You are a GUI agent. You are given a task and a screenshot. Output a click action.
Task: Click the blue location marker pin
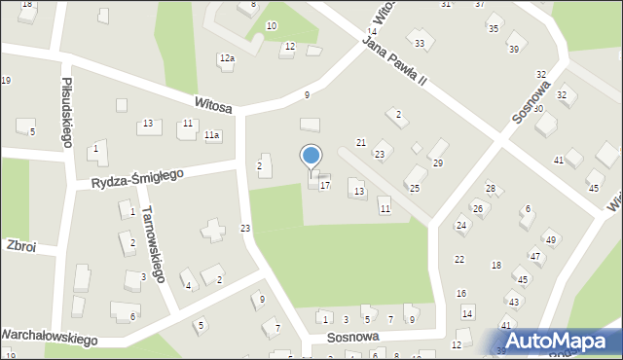311,157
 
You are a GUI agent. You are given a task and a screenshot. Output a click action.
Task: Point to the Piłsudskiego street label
67,112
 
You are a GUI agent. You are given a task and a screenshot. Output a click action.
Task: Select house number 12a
227,59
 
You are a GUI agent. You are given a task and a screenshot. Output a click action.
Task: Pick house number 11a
212,136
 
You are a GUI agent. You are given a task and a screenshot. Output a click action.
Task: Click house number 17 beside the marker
325,185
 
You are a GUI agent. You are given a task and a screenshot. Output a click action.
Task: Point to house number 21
360,143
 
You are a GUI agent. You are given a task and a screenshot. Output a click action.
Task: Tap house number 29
438,162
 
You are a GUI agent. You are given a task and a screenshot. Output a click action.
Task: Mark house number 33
420,44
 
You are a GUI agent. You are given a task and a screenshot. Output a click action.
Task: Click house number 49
550,239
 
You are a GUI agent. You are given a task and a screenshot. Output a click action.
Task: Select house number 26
478,208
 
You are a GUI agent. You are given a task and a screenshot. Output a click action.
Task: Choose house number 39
513,49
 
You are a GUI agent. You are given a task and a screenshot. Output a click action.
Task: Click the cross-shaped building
211,231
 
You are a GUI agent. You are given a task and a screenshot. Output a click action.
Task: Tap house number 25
414,187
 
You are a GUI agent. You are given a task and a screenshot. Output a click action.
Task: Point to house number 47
535,256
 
